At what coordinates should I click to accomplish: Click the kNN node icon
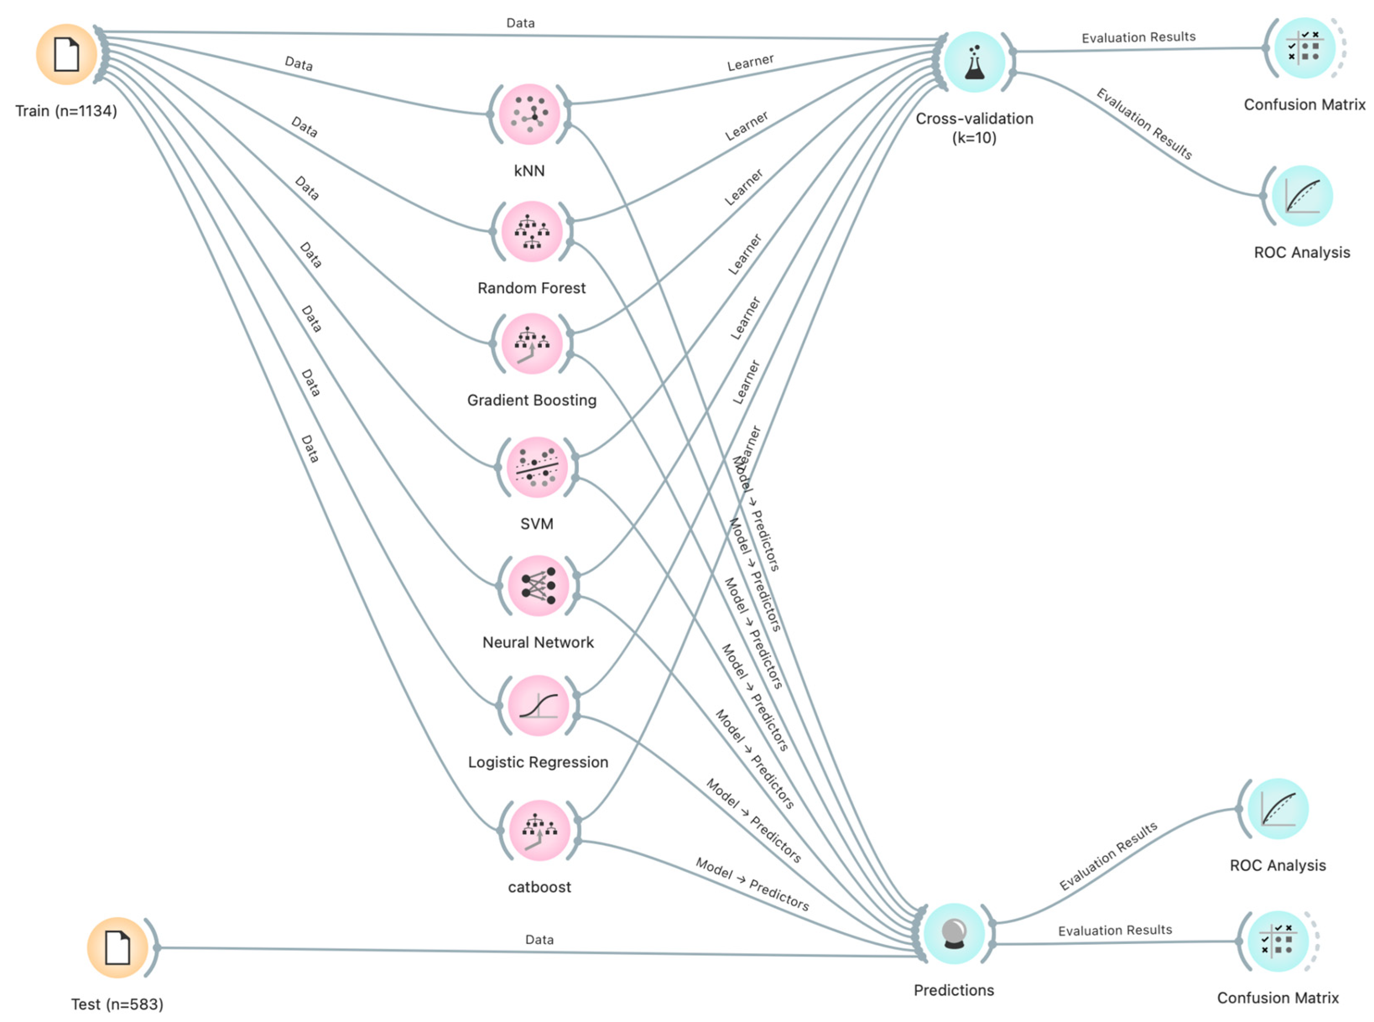coord(529,114)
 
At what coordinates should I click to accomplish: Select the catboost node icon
coord(539,831)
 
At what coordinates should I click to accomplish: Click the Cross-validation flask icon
coord(974,62)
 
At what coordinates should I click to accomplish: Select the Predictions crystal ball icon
coord(954,934)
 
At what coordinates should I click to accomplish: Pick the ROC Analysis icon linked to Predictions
coord(1278,809)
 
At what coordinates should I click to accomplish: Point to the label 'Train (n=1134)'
coord(66,112)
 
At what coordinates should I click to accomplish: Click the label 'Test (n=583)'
coord(117,1004)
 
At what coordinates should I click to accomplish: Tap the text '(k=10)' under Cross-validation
coord(974,137)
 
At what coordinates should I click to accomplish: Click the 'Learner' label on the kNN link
coord(750,62)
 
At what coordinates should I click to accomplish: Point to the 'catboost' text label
coord(539,887)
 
